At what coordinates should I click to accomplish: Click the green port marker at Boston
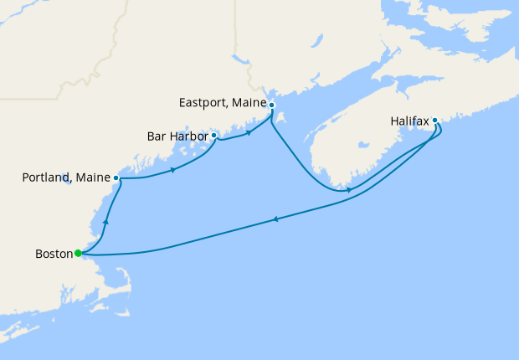point(77,253)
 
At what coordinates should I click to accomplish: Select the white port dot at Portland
point(116,178)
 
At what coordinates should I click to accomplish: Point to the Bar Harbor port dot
point(214,135)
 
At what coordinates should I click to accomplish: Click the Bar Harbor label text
point(177,135)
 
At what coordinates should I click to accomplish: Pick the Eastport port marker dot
point(271,105)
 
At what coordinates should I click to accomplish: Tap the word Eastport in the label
point(205,104)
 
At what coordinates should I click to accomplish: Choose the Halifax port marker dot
point(435,121)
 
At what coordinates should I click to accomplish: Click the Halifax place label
point(410,121)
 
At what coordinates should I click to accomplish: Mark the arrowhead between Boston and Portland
point(105,223)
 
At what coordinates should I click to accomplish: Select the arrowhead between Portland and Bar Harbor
point(172,170)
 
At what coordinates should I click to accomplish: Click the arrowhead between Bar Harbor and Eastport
point(249,132)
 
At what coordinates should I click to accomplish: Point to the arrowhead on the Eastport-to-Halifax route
point(349,190)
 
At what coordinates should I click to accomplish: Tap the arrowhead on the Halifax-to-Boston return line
point(275,220)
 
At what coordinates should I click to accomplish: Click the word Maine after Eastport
point(249,104)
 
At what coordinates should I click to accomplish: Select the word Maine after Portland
point(93,178)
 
